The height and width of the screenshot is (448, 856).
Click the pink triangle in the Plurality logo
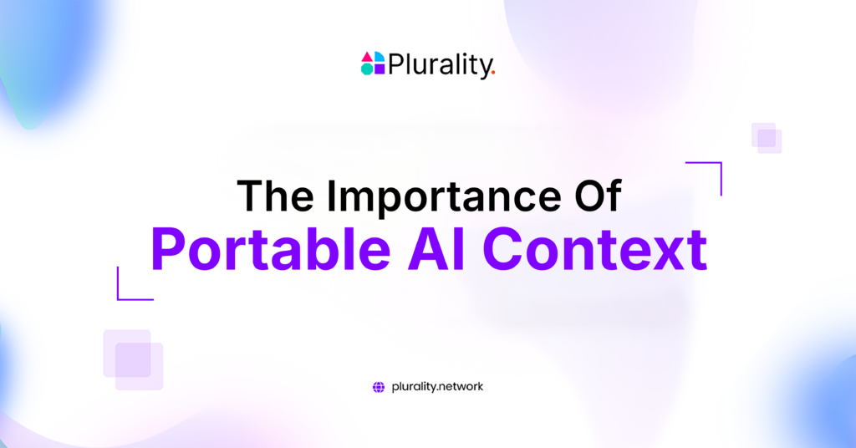coord(367,58)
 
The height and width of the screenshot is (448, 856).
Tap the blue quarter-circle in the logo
coord(380,58)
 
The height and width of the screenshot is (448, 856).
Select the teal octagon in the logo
coord(367,69)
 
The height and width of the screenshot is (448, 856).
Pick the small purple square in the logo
coord(380,69)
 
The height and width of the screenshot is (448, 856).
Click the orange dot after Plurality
coord(493,73)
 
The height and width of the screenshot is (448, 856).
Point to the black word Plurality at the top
coord(440,65)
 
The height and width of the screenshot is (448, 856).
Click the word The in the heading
coord(275,196)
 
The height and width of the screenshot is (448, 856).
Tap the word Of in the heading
coord(598,195)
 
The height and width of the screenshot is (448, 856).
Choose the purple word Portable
coord(271,249)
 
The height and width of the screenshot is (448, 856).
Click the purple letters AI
coord(436,249)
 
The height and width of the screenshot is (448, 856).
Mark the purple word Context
coord(595,249)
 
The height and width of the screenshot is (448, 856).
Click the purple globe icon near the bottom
coord(379,388)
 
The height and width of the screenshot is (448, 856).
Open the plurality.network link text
coord(437,387)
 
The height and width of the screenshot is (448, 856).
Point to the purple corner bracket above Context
coord(721,163)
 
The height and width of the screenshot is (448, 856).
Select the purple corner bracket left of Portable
coord(118,299)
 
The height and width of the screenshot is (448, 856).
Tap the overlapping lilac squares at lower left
coord(133,359)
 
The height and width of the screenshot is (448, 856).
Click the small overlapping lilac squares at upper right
coord(767,138)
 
